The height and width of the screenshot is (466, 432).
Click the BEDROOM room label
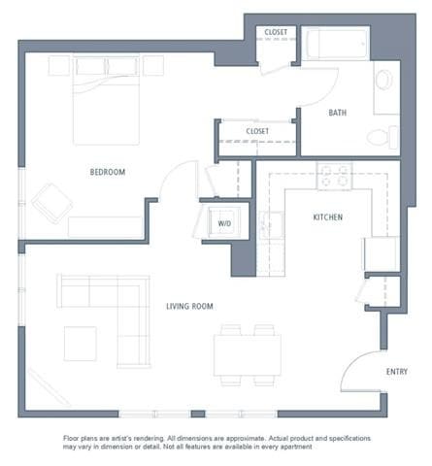(108, 172)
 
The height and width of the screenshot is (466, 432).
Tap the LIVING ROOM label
(189, 306)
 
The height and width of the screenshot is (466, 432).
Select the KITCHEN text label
(327, 217)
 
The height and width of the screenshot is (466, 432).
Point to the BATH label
(337, 113)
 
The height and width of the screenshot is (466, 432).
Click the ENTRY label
(396, 371)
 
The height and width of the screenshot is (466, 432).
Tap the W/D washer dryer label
(224, 223)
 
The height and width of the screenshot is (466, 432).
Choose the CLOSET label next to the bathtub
(276, 33)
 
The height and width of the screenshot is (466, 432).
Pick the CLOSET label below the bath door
(257, 130)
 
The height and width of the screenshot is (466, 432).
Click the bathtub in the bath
(336, 45)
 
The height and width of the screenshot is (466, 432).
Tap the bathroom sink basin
(383, 80)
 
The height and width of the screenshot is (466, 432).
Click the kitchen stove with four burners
(334, 176)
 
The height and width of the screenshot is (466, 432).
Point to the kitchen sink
(271, 224)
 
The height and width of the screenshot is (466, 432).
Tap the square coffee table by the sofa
(81, 343)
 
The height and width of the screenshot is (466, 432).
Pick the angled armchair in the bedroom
(51, 203)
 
